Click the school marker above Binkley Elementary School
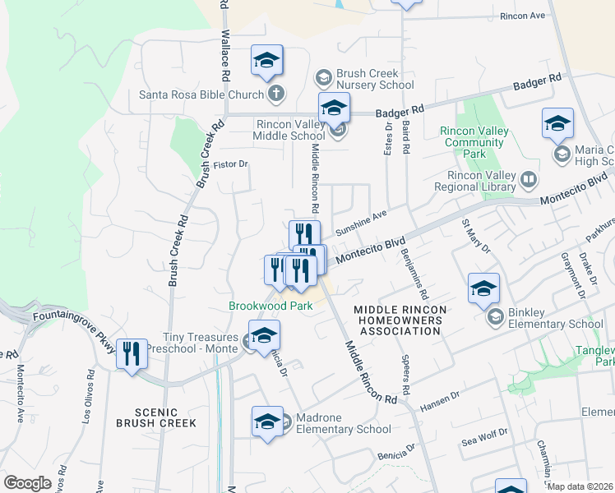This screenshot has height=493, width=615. click(483, 289)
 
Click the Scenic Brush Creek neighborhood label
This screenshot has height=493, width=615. click(155, 417)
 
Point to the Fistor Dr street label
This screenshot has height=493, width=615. click(230, 164)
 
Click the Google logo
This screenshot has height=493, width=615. click(27, 483)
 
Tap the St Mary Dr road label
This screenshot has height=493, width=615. click(475, 234)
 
